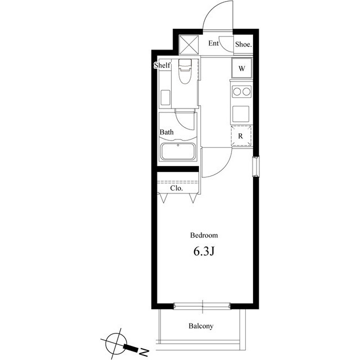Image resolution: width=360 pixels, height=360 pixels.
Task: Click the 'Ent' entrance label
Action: [214, 43]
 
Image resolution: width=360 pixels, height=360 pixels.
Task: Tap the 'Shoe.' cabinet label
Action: [243, 44]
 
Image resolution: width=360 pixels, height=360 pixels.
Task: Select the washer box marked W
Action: [241, 69]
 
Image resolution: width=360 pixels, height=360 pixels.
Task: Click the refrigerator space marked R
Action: [241, 136]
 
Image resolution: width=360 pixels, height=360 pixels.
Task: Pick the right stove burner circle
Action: [246, 91]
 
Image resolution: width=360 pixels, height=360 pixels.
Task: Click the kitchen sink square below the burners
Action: [241, 113]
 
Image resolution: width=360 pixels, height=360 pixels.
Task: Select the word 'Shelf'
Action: [162, 66]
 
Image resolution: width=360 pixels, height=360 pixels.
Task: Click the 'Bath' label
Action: [166, 132]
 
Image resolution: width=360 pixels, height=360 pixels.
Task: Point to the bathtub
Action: [177, 152]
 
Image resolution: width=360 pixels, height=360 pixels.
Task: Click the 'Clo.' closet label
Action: [177, 188]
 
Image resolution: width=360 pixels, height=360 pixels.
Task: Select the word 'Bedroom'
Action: [204, 236]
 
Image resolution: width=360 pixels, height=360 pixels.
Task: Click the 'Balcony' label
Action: [201, 326]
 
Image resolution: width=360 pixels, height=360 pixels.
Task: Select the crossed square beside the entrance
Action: [188, 43]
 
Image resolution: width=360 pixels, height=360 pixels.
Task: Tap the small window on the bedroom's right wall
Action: [256, 166]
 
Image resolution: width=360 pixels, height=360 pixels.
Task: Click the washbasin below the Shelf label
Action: [165, 97]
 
